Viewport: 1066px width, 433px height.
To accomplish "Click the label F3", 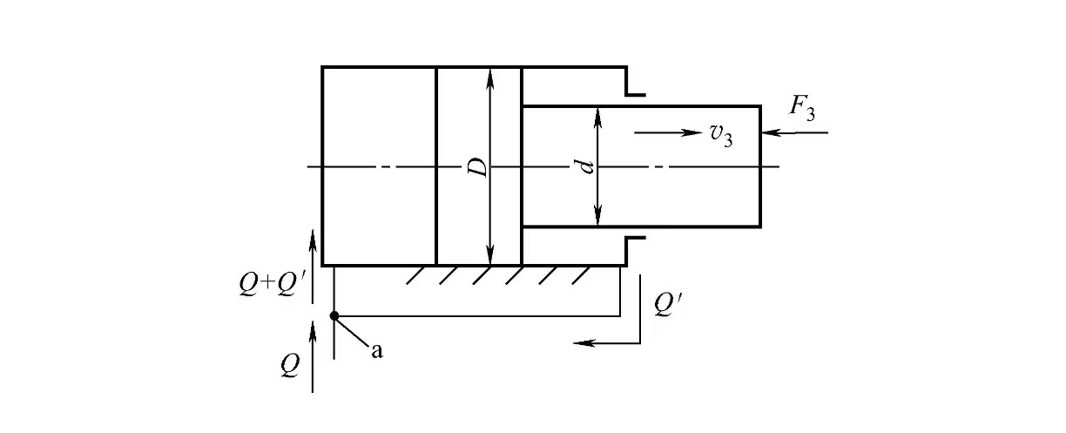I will tap(801, 111).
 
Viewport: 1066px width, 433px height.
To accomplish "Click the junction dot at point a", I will tap(334, 315).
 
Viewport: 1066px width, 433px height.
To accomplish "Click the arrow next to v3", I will tap(667, 132).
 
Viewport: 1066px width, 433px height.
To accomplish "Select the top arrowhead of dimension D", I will tap(490, 75).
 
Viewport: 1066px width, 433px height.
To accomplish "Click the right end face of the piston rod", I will tap(761, 166).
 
